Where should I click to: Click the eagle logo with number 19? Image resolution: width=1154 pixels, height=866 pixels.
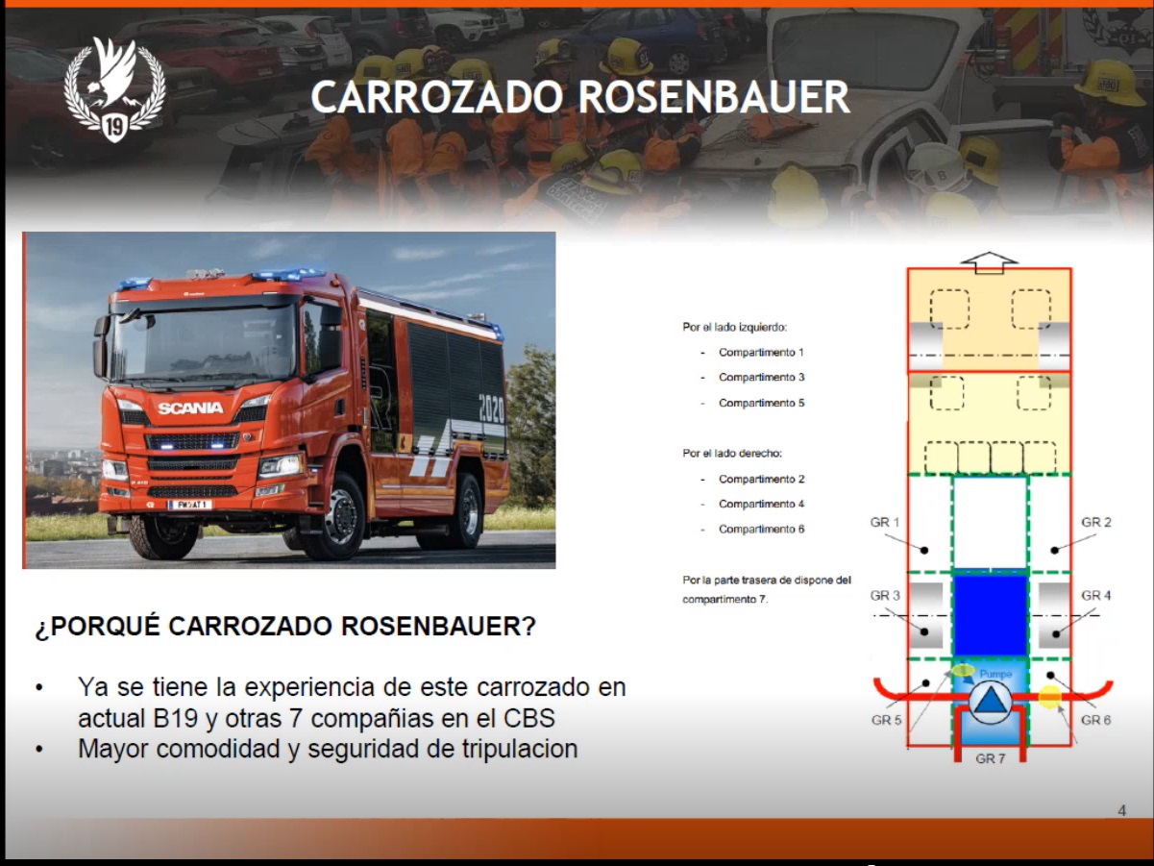tap(114, 89)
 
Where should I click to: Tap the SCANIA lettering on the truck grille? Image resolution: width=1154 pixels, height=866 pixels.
tap(190, 408)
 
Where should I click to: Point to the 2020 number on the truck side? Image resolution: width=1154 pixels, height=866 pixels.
tap(491, 408)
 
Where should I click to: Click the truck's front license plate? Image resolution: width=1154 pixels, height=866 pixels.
tap(190, 505)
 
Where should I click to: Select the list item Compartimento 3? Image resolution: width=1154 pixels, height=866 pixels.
tap(762, 377)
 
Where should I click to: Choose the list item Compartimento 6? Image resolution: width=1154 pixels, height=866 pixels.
tap(762, 529)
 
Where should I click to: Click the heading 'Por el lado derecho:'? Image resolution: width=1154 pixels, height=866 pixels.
tap(732, 454)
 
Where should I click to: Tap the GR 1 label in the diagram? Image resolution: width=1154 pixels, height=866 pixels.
tap(885, 522)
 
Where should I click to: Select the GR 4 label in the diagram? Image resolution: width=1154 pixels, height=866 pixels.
tap(1096, 595)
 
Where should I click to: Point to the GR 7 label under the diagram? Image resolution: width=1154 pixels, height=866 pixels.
tap(991, 758)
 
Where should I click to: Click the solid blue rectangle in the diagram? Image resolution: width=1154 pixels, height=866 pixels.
tap(991, 615)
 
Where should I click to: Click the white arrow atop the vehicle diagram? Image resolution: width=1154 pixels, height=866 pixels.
tap(989, 262)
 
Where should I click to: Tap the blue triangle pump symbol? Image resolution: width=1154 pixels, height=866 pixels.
tap(990, 702)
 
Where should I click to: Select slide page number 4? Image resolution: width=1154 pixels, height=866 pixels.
tap(1122, 811)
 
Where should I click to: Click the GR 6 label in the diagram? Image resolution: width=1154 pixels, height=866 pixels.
tap(1096, 720)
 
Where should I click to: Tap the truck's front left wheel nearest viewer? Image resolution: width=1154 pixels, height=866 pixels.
tap(163, 534)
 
